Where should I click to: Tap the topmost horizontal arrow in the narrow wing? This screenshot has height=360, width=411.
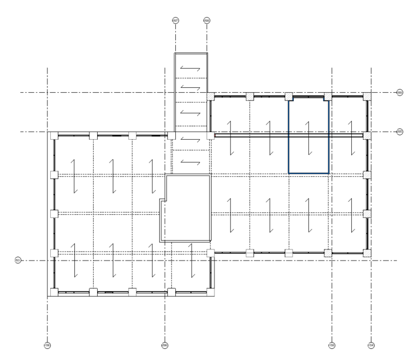(190, 69)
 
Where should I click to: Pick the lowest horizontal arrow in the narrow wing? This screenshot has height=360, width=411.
(190, 162)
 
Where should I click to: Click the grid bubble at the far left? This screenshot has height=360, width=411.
(17, 260)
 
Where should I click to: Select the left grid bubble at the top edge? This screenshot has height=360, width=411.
(175, 20)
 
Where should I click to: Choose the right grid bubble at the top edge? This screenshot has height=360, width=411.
(207, 20)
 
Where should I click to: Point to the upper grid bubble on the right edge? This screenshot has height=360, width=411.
(399, 92)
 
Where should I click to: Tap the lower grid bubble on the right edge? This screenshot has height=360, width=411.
(399, 132)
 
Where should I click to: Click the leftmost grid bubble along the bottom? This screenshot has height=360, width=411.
(47, 345)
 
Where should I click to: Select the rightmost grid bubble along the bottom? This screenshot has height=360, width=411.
(371, 345)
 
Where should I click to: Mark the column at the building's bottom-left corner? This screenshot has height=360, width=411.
(53, 292)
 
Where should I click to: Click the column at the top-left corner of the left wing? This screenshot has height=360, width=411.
(53, 136)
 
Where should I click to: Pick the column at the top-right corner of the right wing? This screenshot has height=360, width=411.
(367, 96)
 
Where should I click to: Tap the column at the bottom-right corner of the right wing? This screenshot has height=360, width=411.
(367, 253)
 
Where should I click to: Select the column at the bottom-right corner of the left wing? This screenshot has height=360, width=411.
(211, 292)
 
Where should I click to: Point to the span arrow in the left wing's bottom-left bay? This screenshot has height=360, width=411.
(74, 262)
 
